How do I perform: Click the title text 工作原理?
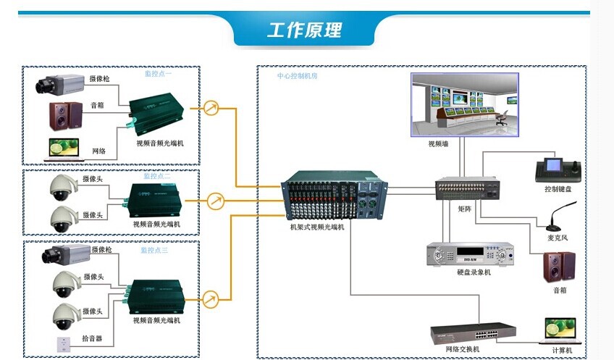tap(305, 30)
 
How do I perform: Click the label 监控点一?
tap(158, 73)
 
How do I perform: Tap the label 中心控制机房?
tap(297, 75)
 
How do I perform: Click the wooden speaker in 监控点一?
tap(66, 115)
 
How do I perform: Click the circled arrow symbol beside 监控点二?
tap(214, 201)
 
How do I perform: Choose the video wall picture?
tap(465, 104)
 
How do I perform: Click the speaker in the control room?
tap(560, 267)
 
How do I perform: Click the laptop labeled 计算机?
tap(561, 332)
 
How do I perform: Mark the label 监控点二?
tap(157, 176)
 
